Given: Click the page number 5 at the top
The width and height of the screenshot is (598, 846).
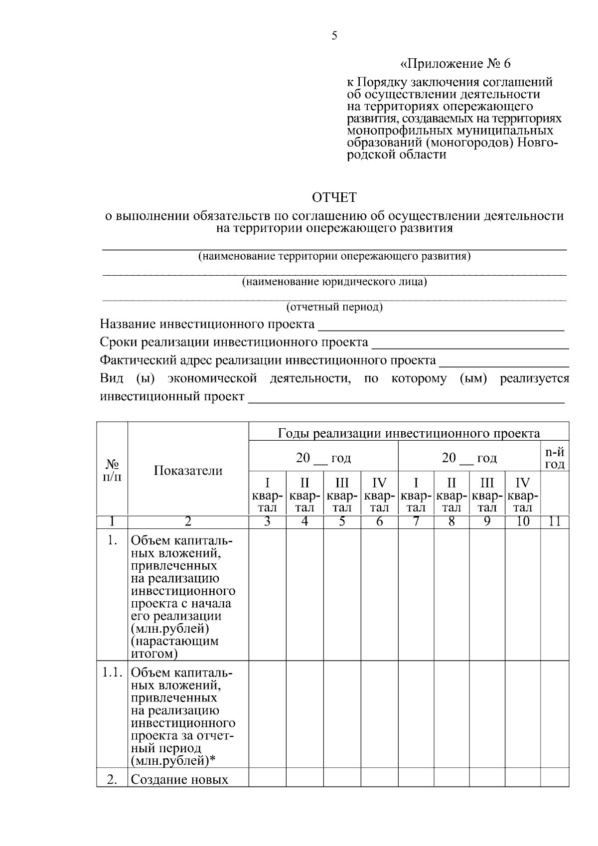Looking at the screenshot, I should point(334,35).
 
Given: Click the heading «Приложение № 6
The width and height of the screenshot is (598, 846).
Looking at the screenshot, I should point(455,64).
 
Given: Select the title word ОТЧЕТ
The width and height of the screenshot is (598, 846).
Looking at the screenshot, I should point(334,198).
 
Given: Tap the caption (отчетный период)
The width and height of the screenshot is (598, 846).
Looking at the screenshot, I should point(334,307).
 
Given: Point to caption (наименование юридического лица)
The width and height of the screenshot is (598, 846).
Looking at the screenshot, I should point(334,282).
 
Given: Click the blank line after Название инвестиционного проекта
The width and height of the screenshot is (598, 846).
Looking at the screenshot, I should point(441,328).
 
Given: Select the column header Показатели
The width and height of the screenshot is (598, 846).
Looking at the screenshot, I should point(188,471).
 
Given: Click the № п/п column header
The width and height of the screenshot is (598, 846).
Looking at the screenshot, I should point(112,470).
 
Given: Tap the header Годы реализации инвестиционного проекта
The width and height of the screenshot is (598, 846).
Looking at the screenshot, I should point(409,433).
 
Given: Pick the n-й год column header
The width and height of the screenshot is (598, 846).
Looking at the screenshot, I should point(554,458).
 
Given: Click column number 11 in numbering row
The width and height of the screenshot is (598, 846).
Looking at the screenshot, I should point(554,522).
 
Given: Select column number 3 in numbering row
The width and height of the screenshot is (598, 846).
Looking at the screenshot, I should point(267,522).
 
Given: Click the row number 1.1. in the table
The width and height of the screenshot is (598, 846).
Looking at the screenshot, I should point(112,673).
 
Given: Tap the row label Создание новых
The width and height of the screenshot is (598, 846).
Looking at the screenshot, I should point(179,780).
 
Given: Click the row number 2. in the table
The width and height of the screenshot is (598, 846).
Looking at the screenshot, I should point(112,780).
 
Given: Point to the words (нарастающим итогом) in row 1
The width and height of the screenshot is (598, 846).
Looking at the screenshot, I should point(174,647).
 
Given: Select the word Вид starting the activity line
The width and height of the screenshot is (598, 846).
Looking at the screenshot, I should point(112,378).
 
